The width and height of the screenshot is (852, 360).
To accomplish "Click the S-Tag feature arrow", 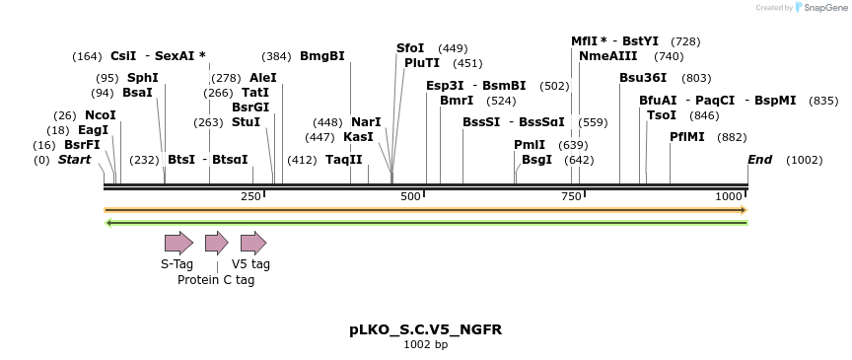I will [x=178, y=243].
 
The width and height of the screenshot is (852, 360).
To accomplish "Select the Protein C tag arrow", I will [x=216, y=243].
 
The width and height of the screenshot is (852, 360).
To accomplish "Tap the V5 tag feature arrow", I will [x=253, y=243].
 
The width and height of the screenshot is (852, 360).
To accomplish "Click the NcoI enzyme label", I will [x=101, y=115].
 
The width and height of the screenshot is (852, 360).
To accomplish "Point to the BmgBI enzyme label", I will [x=322, y=56].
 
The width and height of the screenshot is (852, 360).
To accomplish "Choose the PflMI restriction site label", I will [x=687, y=137].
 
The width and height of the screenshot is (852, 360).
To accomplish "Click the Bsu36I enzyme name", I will [x=643, y=78].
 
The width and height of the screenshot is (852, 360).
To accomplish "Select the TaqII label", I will [x=344, y=160].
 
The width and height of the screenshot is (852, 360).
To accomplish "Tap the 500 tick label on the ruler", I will [x=411, y=197].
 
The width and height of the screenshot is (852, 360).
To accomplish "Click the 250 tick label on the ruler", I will [x=250, y=197].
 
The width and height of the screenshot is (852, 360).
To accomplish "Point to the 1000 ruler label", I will [x=729, y=197].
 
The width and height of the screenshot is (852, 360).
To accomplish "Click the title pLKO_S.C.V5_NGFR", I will [x=425, y=329].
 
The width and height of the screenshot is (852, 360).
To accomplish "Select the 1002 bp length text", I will [x=425, y=345].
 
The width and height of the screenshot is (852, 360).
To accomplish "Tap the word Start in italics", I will [x=74, y=160].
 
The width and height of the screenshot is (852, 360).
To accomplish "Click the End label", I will [x=759, y=160].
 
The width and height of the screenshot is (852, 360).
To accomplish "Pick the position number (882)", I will [x=732, y=137].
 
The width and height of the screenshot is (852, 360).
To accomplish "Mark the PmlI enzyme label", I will [x=530, y=145].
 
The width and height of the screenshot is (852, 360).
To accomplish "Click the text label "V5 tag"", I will [x=250, y=264].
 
